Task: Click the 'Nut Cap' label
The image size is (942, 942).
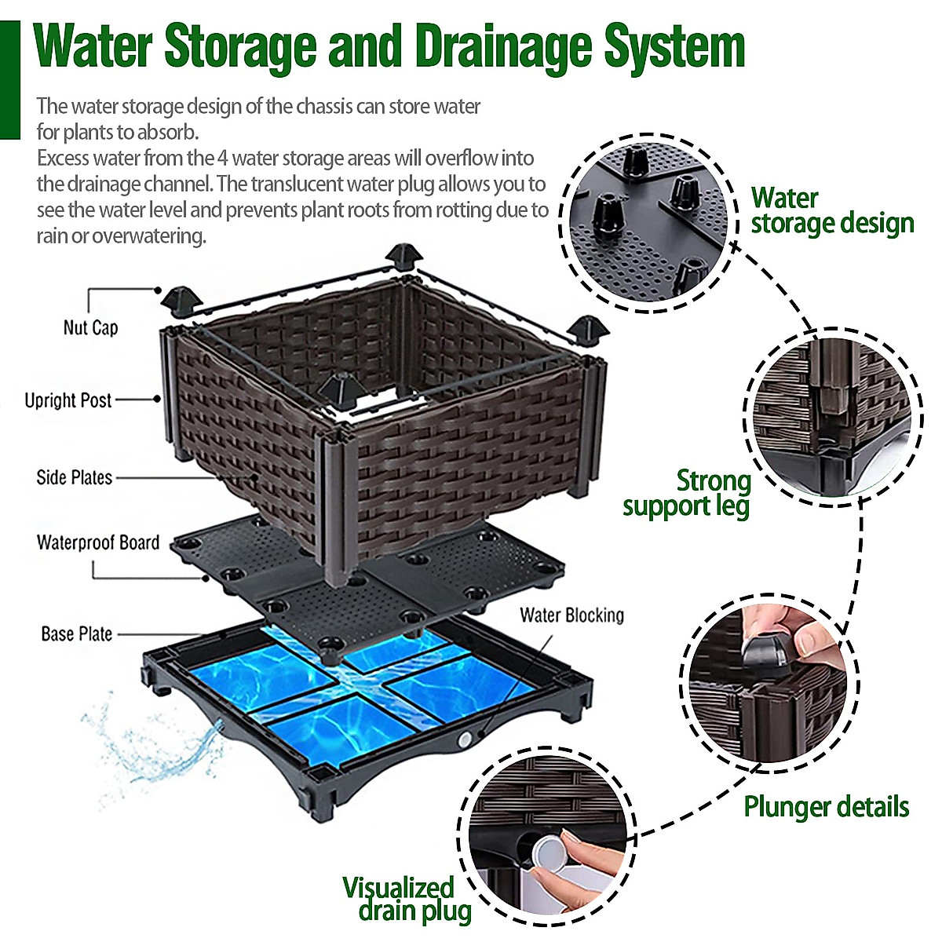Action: point(90,327)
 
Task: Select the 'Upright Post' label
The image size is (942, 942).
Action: point(68,400)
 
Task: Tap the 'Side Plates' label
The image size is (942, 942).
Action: point(75,477)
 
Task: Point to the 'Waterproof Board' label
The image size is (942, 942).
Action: point(98,542)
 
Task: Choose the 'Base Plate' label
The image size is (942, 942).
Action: point(77,633)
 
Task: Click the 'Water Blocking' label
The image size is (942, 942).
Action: point(571,615)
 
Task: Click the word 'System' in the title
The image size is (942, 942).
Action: point(674,47)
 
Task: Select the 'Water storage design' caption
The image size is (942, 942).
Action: point(831,210)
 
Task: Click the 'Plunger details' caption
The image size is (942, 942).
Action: point(826,806)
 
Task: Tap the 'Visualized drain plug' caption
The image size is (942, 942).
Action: point(407,899)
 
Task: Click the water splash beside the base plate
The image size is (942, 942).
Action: point(157,746)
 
